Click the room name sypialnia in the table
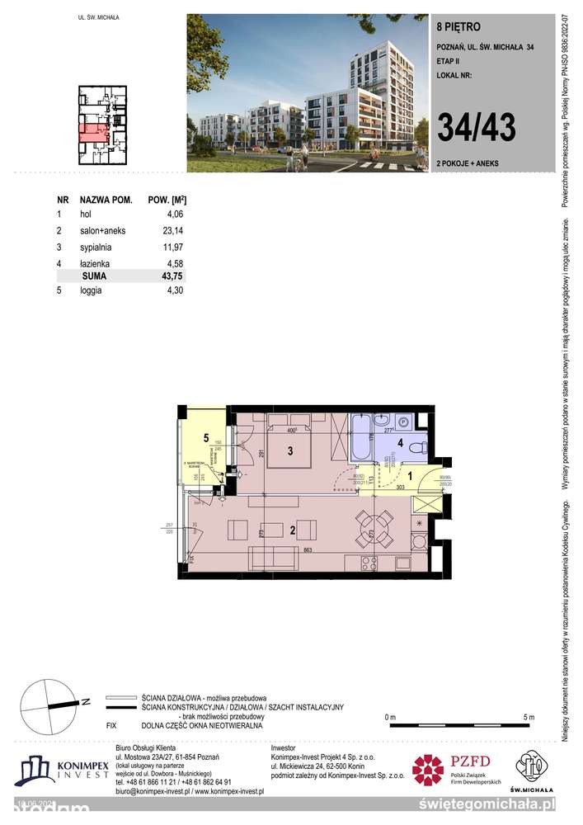click(x=95, y=247)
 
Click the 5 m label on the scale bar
click(x=528, y=716)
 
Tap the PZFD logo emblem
click(x=428, y=770)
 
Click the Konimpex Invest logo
click(x=61, y=772)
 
